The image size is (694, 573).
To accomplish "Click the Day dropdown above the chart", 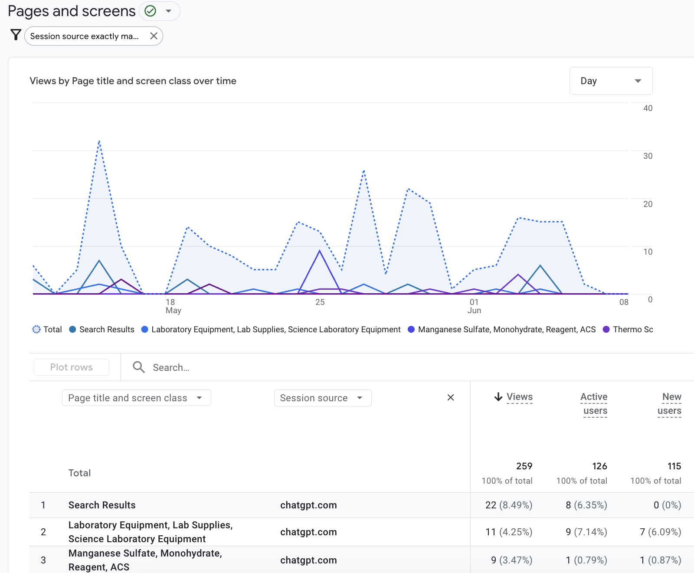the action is pos(611,81).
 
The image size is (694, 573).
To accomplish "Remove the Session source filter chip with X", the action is pos(154,36).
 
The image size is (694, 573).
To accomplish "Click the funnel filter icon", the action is pos(16,35).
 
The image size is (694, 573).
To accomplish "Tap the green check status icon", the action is pos(151,11).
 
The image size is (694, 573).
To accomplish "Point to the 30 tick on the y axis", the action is pos(648,156).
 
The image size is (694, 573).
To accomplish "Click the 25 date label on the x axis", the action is pos(320,302).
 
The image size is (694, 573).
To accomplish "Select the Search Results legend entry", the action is pos(102,329).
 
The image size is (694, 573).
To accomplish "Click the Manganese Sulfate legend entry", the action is pos(502,329).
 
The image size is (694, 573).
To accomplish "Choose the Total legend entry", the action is pos(47,329).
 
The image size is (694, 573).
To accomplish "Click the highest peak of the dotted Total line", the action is pos(99,141).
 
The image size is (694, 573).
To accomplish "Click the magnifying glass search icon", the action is pos(139,367).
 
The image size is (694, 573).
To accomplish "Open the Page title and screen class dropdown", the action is pos(137,398).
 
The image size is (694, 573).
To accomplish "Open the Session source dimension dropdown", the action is pos(323,398).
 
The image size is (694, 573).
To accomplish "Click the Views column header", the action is pos(514,397).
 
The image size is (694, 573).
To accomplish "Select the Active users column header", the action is pos(594,404).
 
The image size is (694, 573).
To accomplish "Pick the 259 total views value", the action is pos(524,466).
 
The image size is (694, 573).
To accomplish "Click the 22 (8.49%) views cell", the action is pos(509,505).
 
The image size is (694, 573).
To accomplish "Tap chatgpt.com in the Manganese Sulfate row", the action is pos(308,560).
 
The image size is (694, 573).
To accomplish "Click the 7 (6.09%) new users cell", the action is pos(660,532).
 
